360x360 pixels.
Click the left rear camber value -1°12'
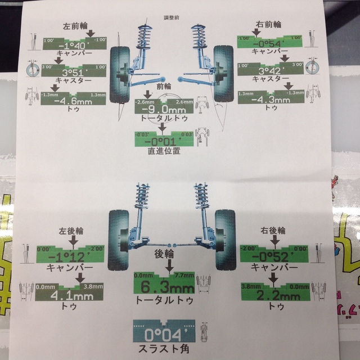[x=70, y=258]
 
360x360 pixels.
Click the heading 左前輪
[x=75, y=25]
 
